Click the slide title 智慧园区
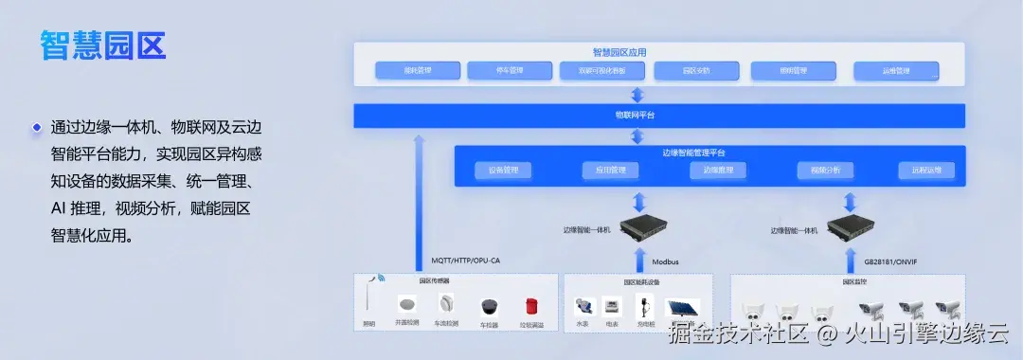103,45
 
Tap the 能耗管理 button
417,70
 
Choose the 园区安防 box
695,70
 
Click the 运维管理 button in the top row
895,70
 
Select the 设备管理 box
503,171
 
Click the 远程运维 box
926,171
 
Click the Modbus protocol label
665,261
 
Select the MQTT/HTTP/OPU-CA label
466,261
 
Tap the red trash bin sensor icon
532,307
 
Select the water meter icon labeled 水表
583,306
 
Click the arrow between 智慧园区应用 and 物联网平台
637,95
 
